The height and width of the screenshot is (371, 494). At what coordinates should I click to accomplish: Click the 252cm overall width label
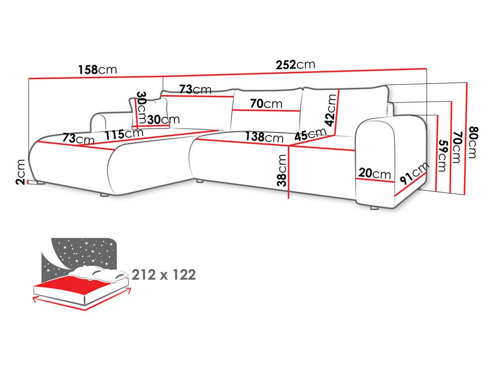[x=295, y=65]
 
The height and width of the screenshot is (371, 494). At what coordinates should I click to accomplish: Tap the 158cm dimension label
[x=98, y=70]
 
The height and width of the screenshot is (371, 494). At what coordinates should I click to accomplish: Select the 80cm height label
[x=473, y=142]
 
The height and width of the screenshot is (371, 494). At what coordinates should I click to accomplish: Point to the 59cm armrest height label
[x=443, y=156]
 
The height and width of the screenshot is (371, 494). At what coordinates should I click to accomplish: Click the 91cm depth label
[x=414, y=173]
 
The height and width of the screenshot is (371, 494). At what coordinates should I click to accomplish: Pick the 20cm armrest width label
[x=375, y=174]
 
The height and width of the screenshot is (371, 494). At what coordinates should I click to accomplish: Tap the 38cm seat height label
[x=282, y=170]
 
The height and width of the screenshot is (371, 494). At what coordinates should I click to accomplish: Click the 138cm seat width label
[x=264, y=137]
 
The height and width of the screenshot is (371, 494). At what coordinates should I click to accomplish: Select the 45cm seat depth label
[x=310, y=134]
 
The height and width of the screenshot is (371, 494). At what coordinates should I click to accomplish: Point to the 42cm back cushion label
[x=331, y=110]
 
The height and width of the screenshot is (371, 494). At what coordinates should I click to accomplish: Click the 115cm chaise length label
[x=124, y=134]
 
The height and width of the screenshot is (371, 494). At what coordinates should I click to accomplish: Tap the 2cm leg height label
[x=21, y=172]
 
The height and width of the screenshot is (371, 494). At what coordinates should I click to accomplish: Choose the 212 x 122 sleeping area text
[x=163, y=275]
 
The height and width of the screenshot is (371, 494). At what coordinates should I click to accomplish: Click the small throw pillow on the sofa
[x=149, y=112]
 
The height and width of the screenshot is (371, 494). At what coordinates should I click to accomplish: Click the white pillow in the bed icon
[x=98, y=274]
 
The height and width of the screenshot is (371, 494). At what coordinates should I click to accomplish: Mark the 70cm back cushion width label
[x=266, y=104]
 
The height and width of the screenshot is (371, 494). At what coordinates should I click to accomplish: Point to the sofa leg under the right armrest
[x=374, y=208]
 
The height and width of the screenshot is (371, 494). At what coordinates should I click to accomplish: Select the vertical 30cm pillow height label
[x=141, y=107]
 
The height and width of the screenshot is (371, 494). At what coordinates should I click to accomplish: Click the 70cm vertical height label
[x=457, y=147]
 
